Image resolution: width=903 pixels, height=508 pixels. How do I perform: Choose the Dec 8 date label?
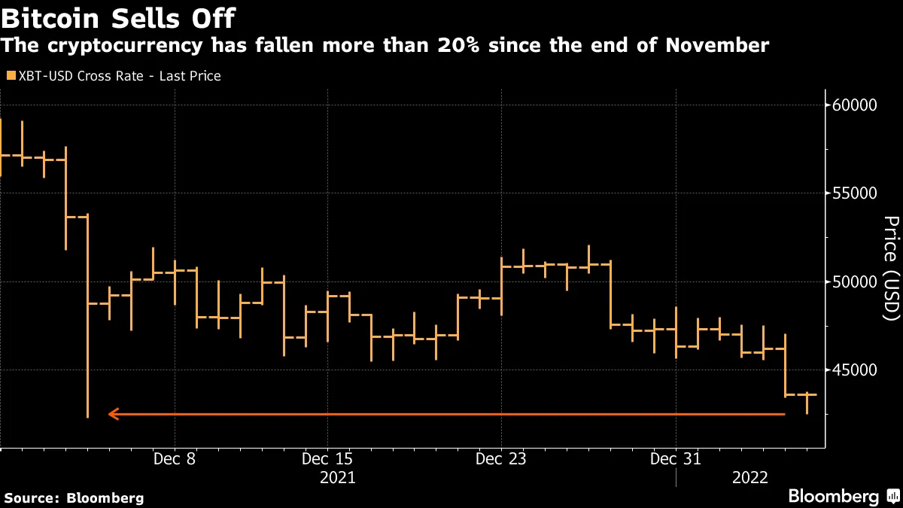click(x=175, y=458)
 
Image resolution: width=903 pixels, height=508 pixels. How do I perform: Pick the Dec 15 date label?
click(x=327, y=458)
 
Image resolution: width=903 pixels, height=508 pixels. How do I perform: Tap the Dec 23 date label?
click(x=501, y=458)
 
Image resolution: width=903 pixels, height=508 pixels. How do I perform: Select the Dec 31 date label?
click(x=676, y=458)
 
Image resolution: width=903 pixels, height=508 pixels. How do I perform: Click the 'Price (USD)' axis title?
click(x=891, y=269)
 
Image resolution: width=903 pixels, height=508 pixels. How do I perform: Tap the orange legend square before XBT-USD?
click(x=9, y=76)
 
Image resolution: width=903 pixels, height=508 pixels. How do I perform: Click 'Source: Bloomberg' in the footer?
click(x=74, y=497)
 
